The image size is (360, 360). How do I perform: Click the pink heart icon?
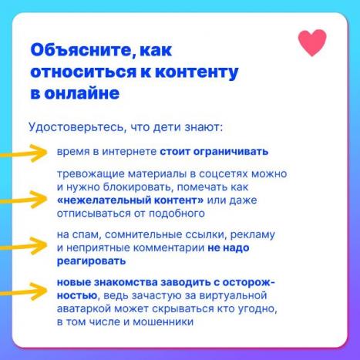click(x=312, y=42)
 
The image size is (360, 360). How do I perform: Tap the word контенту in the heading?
click(x=197, y=72)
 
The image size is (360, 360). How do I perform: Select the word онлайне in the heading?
click(x=82, y=93)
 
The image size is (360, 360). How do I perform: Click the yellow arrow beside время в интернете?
click(x=24, y=153)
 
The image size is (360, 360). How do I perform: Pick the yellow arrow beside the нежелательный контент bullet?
click(x=24, y=200)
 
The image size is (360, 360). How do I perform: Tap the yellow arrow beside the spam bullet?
click(x=24, y=246)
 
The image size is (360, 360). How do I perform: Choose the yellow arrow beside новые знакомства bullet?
click(x=24, y=291)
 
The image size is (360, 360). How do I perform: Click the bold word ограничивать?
click(x=230, y=152)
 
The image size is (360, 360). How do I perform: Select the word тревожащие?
click(x=91, y=174)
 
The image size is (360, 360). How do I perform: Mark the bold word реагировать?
click(x=91, y=261)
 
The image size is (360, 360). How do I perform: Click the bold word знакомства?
click(x=126, y=282)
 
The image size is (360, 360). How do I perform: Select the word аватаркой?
click(x=84, y=308)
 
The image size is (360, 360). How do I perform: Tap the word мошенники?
click(x=163, y=321)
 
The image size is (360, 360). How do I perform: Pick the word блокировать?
click(x=136, y=187)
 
